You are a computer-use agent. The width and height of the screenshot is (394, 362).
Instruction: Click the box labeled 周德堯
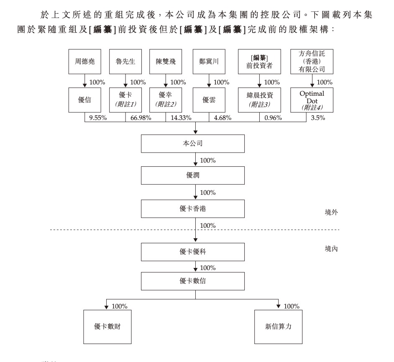click(84, 61)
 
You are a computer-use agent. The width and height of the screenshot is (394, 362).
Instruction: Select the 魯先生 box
click(125, 61)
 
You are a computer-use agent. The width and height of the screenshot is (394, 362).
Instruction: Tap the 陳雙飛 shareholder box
click(166, 61)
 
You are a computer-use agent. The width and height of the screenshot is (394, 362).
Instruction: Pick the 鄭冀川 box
click(209, 61)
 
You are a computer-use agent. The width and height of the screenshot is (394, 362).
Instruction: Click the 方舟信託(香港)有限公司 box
click(312, 61)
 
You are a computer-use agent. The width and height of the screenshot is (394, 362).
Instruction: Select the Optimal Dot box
click(312, 100)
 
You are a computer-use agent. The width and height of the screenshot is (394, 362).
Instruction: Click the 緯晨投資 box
click(260, 100)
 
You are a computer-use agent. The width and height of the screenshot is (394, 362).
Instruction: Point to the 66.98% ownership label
click(141, 118)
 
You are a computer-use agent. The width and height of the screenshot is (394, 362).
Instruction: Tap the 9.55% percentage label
click(98, 118)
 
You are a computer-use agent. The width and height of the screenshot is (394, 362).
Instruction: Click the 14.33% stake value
click(181, 118)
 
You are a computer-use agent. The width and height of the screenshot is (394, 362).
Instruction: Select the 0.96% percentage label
click(273, 118)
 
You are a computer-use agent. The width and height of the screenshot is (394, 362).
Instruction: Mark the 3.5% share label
click(318, 118)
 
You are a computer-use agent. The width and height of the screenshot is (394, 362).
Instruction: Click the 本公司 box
click(193, 144)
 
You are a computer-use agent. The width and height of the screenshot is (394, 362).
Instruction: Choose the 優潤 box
click(193, 175)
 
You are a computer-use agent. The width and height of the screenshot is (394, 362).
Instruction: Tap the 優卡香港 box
click(193, 209)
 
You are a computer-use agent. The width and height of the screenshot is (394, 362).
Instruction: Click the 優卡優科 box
click(193, 252)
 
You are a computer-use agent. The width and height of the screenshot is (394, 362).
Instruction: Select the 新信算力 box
click(278, 326)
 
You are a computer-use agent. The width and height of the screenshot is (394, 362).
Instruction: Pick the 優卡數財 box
click(107, 326)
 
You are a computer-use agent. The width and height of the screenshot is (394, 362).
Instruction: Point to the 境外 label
click(331, 212)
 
